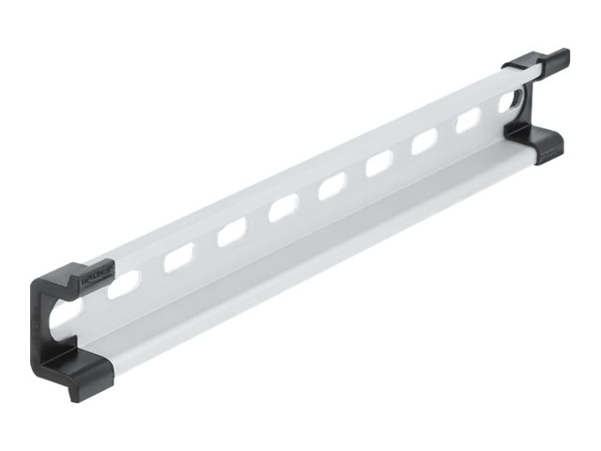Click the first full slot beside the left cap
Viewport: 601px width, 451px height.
pos(125,282)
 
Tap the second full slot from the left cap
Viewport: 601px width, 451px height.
pos(177,257)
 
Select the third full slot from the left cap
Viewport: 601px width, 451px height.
pos(231,231)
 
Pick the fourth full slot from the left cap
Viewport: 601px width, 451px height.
pos(282,208)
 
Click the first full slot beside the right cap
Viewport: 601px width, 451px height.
pos(468,119)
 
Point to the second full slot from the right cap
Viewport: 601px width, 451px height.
pos(424,141)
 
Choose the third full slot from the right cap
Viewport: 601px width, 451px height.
pos(378,163)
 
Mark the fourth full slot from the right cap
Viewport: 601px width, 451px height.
pos(331,185)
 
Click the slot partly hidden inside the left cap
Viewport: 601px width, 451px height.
pos(69,310)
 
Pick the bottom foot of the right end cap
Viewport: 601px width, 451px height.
pos(537,143)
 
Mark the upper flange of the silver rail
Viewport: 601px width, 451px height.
pos(310,161)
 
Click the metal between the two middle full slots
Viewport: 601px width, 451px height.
pos(307,196)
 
